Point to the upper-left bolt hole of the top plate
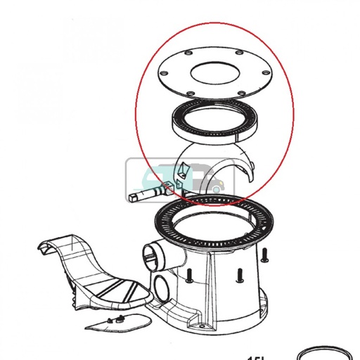(191, 53)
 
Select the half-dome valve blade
(232, 169)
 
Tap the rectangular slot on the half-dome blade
(184, 169)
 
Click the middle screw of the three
(240, 274)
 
